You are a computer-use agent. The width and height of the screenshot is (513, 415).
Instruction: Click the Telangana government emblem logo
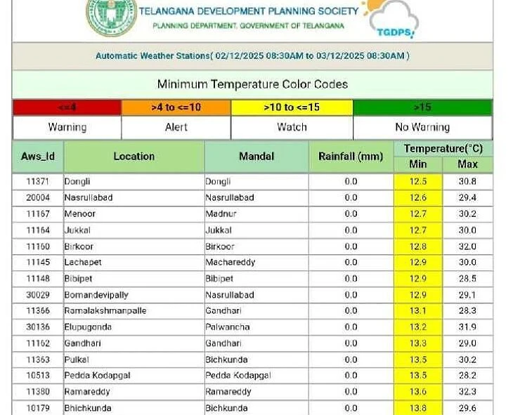point(111,17)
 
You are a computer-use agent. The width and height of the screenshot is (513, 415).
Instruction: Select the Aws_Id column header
point(37,157)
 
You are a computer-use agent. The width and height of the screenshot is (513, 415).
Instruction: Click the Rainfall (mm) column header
point(351,157)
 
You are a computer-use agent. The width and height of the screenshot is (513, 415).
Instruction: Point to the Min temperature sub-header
point(418,164)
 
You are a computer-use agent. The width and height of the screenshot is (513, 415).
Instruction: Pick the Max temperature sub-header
point(467,164)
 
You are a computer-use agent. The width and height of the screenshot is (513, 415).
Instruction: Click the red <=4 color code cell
point(67,107)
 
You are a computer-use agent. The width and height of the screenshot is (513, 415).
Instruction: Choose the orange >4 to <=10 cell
point(176,107)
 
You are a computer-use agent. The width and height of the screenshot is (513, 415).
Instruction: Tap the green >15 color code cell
point(422,107)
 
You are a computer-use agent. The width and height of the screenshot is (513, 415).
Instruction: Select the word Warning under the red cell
point(67,127)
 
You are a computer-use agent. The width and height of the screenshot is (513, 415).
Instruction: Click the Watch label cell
point(292,127)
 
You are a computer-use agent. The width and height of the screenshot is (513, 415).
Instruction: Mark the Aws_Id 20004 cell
point(37,197)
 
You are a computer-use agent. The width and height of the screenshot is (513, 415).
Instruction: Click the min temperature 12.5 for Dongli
point(418,181)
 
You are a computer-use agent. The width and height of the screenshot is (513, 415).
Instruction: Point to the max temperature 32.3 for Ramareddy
point(467,391)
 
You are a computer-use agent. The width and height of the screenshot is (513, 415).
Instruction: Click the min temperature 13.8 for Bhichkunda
point(418,407)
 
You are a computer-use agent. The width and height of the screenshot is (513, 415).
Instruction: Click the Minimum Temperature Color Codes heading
point(252,84)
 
